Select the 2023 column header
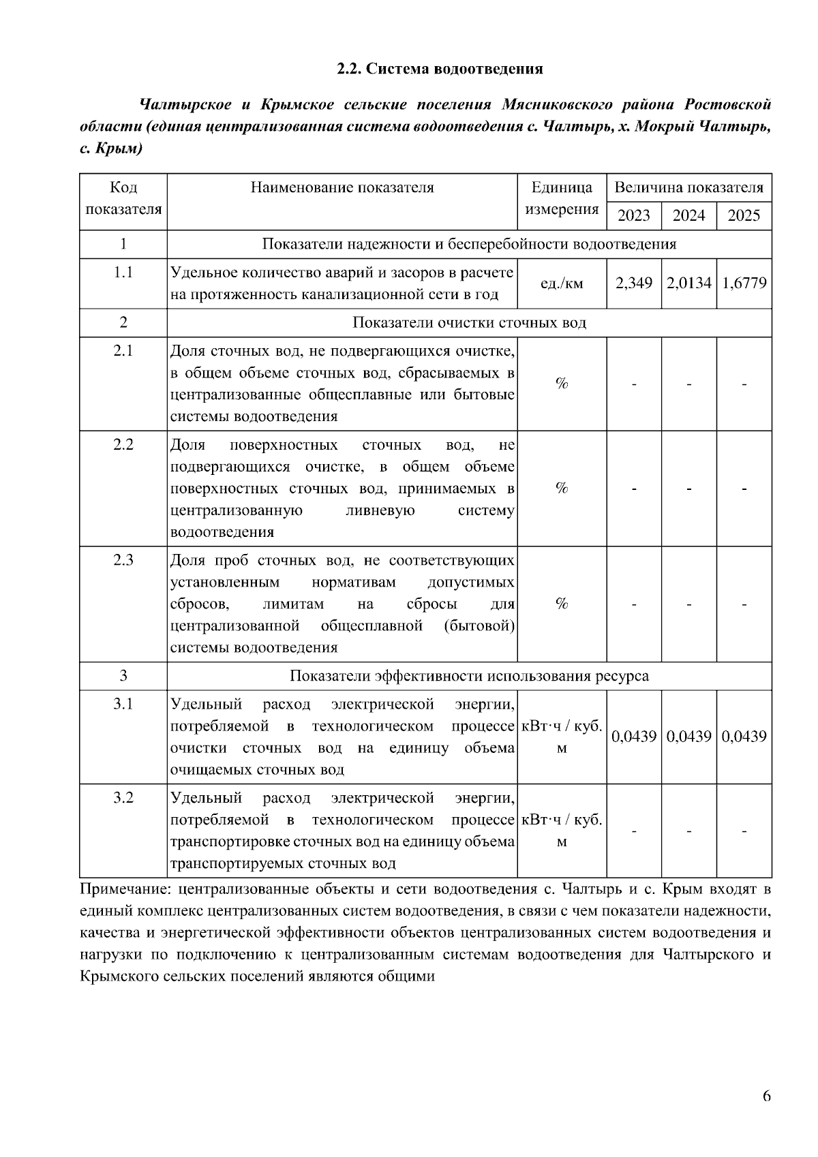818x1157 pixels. (633, 216)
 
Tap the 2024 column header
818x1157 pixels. (688, 216)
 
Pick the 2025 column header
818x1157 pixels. (744, 216)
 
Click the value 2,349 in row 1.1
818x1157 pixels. (633, 283)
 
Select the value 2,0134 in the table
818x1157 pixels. (688, 283)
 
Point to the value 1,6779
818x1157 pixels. (744, 283)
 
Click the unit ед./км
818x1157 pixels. (562, 283)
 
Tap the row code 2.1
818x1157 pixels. (123, 351)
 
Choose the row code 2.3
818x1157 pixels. (123, 560)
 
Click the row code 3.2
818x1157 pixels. (123, 797)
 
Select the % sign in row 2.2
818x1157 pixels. (562, 488)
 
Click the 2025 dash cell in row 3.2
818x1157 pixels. (744, 831)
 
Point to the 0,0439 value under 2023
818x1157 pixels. (633, 737)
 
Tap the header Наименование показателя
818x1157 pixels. (342, 188)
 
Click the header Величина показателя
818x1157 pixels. (688, 188)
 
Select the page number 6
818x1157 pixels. (766, 1096)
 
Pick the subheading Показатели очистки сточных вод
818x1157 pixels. (469, 323)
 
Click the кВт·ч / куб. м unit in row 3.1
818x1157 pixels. (562, 737)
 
